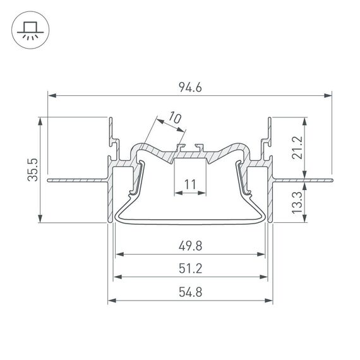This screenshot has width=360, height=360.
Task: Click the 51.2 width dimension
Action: tap(190, 268)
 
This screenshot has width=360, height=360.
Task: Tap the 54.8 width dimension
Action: tap(190, 291)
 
